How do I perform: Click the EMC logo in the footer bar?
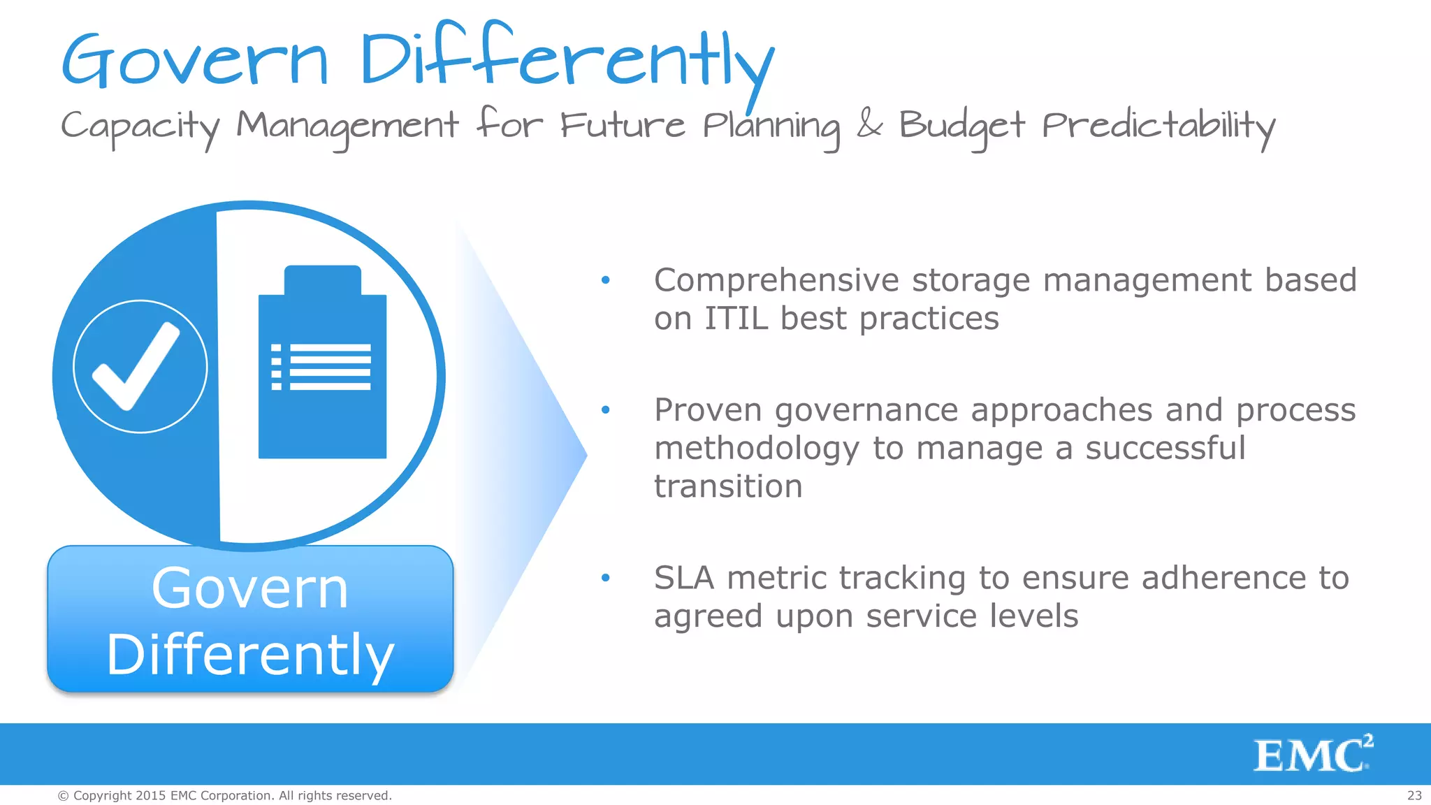click(1312, 754)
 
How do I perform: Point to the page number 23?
click(1414, 795)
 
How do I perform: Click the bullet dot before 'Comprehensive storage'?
click(605, 280)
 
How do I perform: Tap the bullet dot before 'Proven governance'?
click(605, 409)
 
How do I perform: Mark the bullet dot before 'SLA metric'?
click(605, 578)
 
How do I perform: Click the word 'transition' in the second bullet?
click(728, 486)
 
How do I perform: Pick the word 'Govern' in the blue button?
click(249, 588)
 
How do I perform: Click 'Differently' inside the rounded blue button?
click(250, 654)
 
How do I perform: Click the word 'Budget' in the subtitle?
click(961, 126)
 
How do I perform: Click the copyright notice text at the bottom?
click(224, 795)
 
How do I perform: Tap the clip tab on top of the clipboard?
click(322, 280)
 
